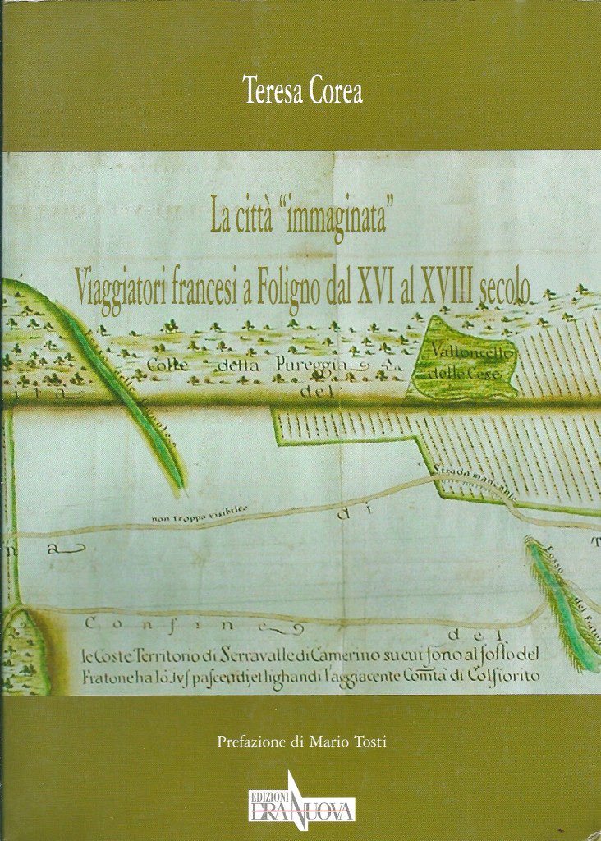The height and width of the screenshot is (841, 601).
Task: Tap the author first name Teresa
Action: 273,91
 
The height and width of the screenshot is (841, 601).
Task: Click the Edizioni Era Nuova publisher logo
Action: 303,801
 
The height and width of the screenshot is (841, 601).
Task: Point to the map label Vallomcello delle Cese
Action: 462,363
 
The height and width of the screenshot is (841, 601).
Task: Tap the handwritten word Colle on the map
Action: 167,365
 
